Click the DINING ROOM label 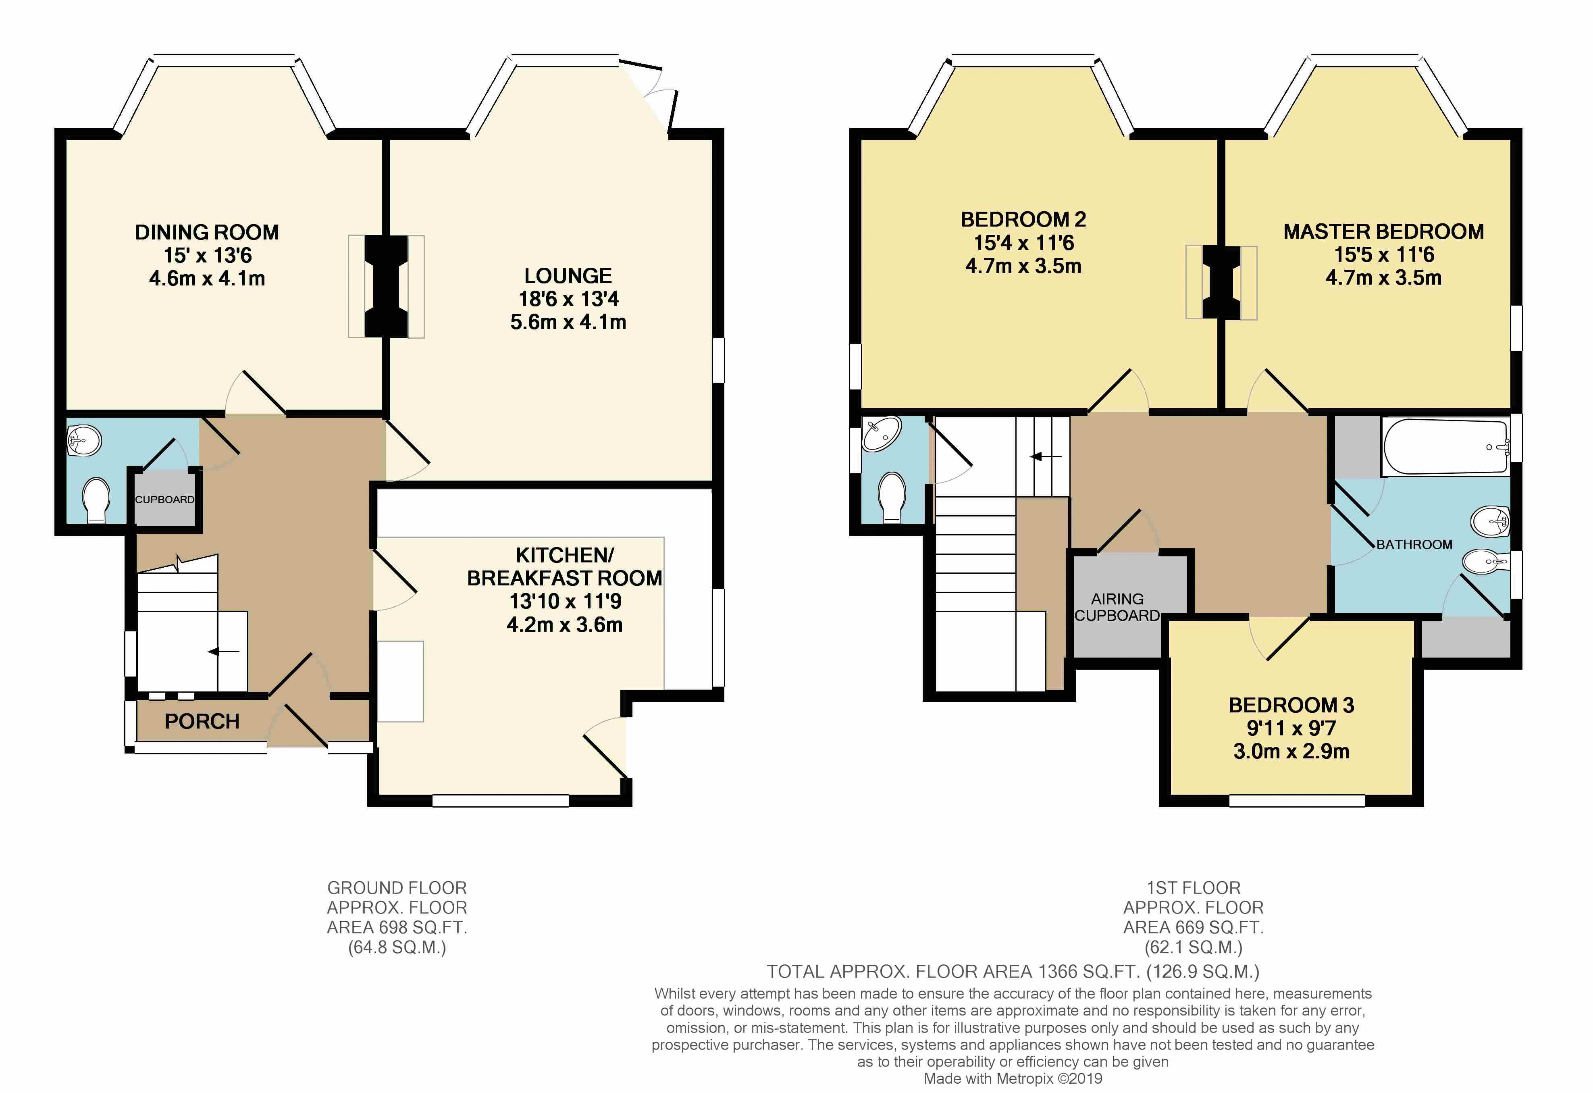point(207,233)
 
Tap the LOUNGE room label point(568,276)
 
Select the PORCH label point(202,721)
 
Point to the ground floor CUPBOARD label point(164,499)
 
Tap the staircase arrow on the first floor point(1046,456)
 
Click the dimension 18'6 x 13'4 point(569,299)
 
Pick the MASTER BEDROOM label point(1384,232)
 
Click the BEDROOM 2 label point(1023,219)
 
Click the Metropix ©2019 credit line point(1013,1078)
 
